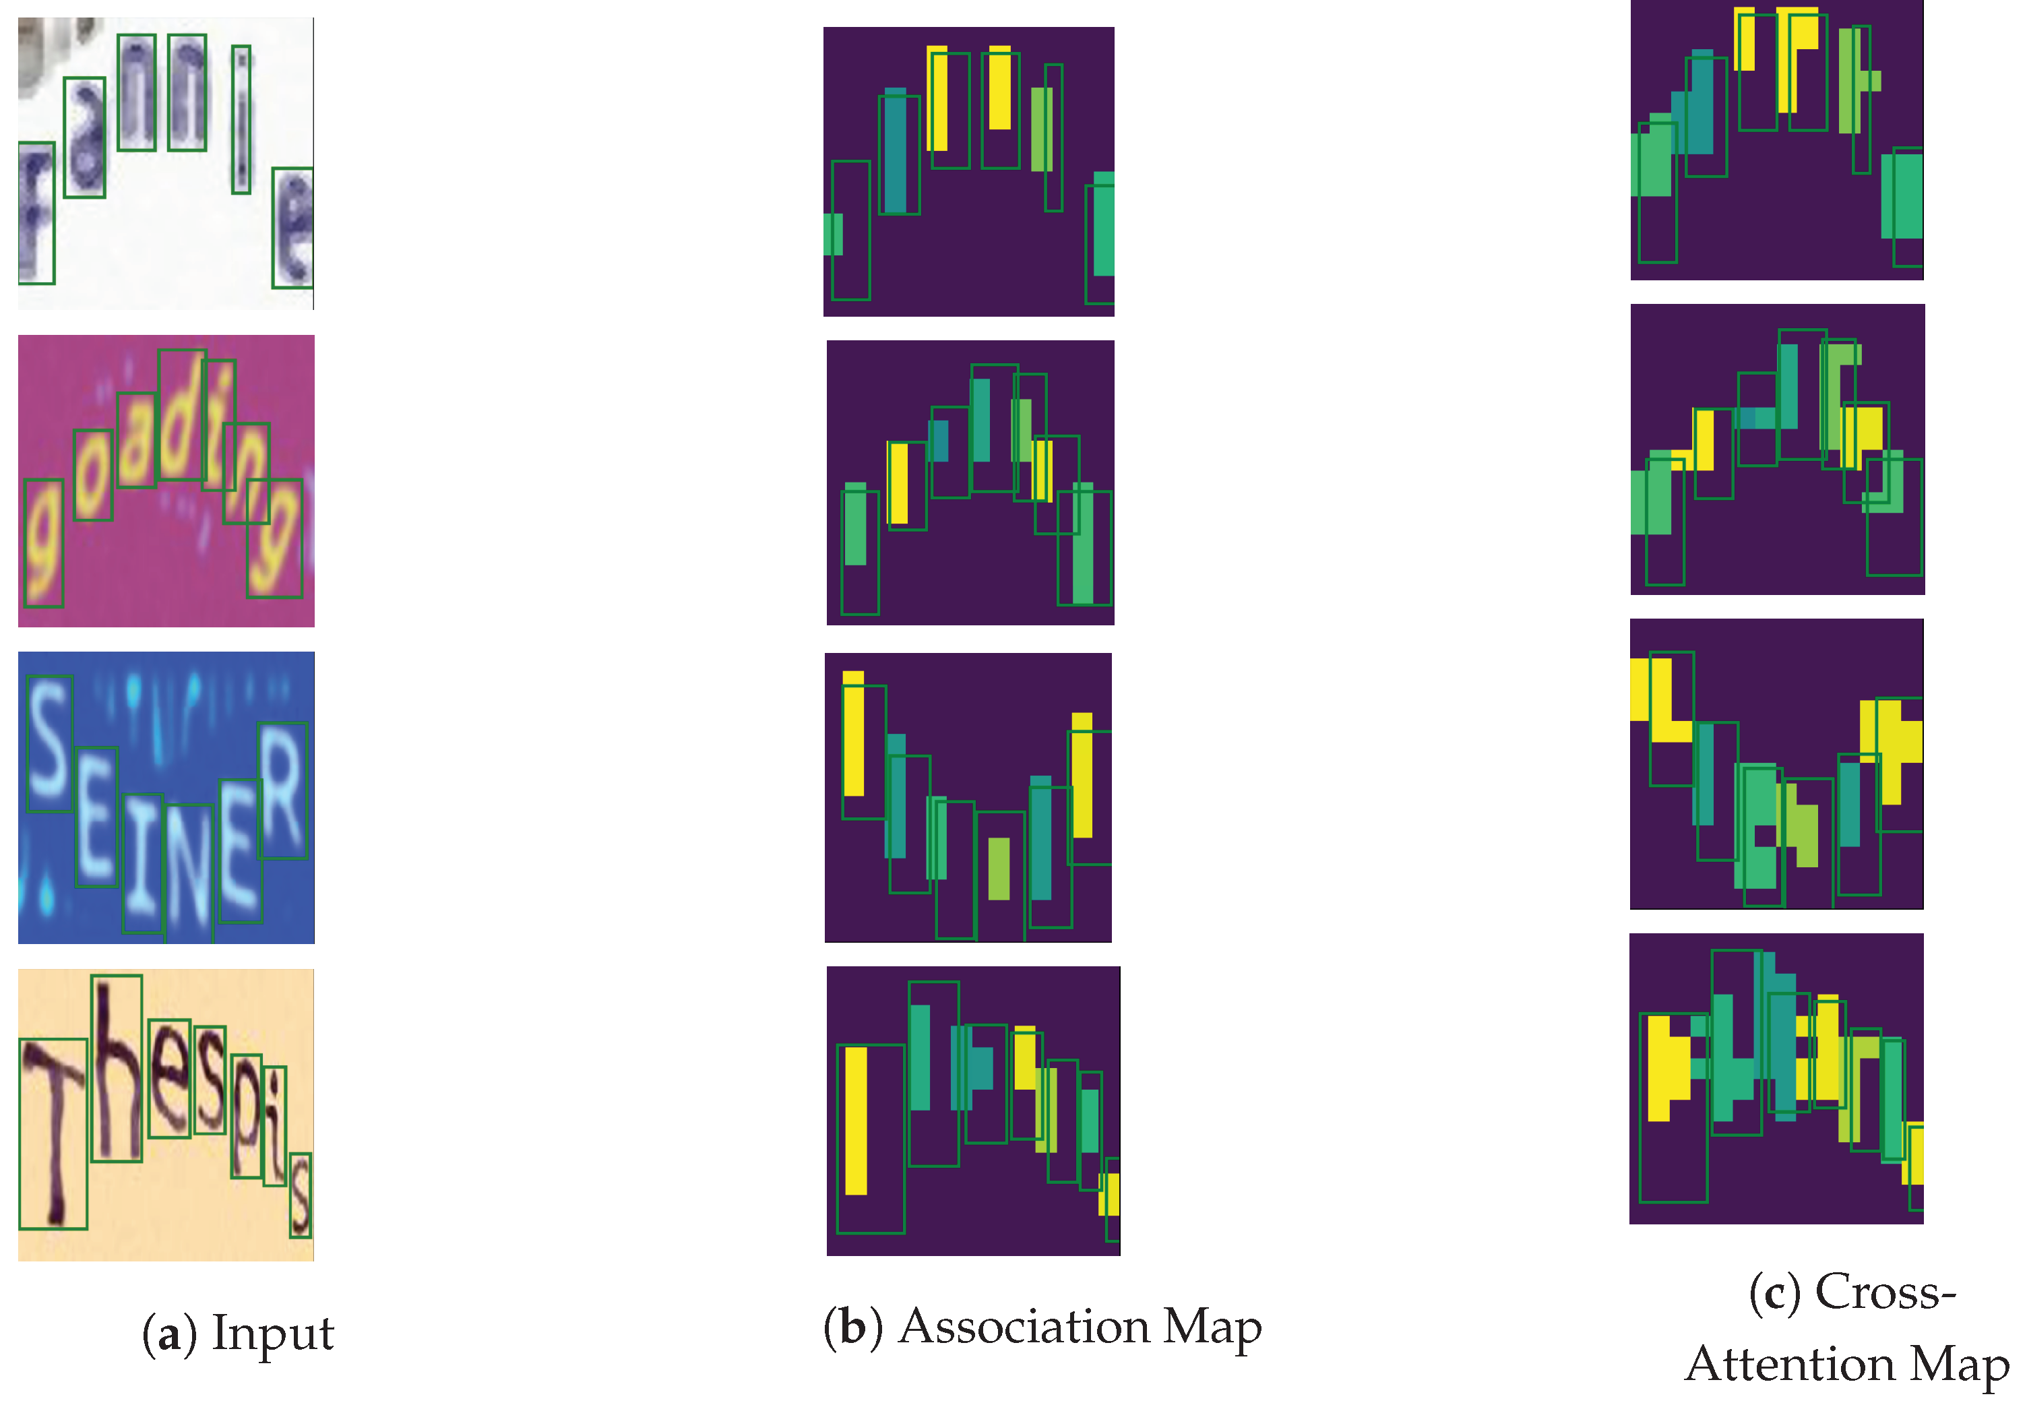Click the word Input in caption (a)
[x=272, y=1332]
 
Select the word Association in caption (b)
[x=1024, y=1327]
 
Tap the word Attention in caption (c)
[x=1789, y=1364]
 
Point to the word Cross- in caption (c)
[x=1885, y=1292]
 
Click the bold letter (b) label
[x=852, y=1327]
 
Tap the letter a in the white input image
[x=85, y=137]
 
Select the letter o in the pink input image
[x=92, y=474]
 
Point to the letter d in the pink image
[x=182, y=414]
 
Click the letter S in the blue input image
[x=49, y=743]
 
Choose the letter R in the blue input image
[x=283, y=790]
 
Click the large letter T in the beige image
[x=53, y=1133]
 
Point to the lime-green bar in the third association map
[x=998, y=869]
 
